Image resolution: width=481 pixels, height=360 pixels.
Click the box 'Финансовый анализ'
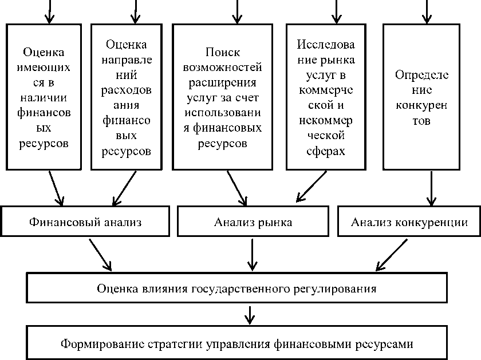coord(85,222)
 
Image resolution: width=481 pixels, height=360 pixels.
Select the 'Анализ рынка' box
coord(253,222)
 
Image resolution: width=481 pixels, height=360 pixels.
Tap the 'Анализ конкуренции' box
coord(409,222)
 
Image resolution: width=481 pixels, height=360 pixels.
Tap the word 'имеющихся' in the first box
coord(46,67)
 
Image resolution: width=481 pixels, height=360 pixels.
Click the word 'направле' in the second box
coord(127,60)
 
